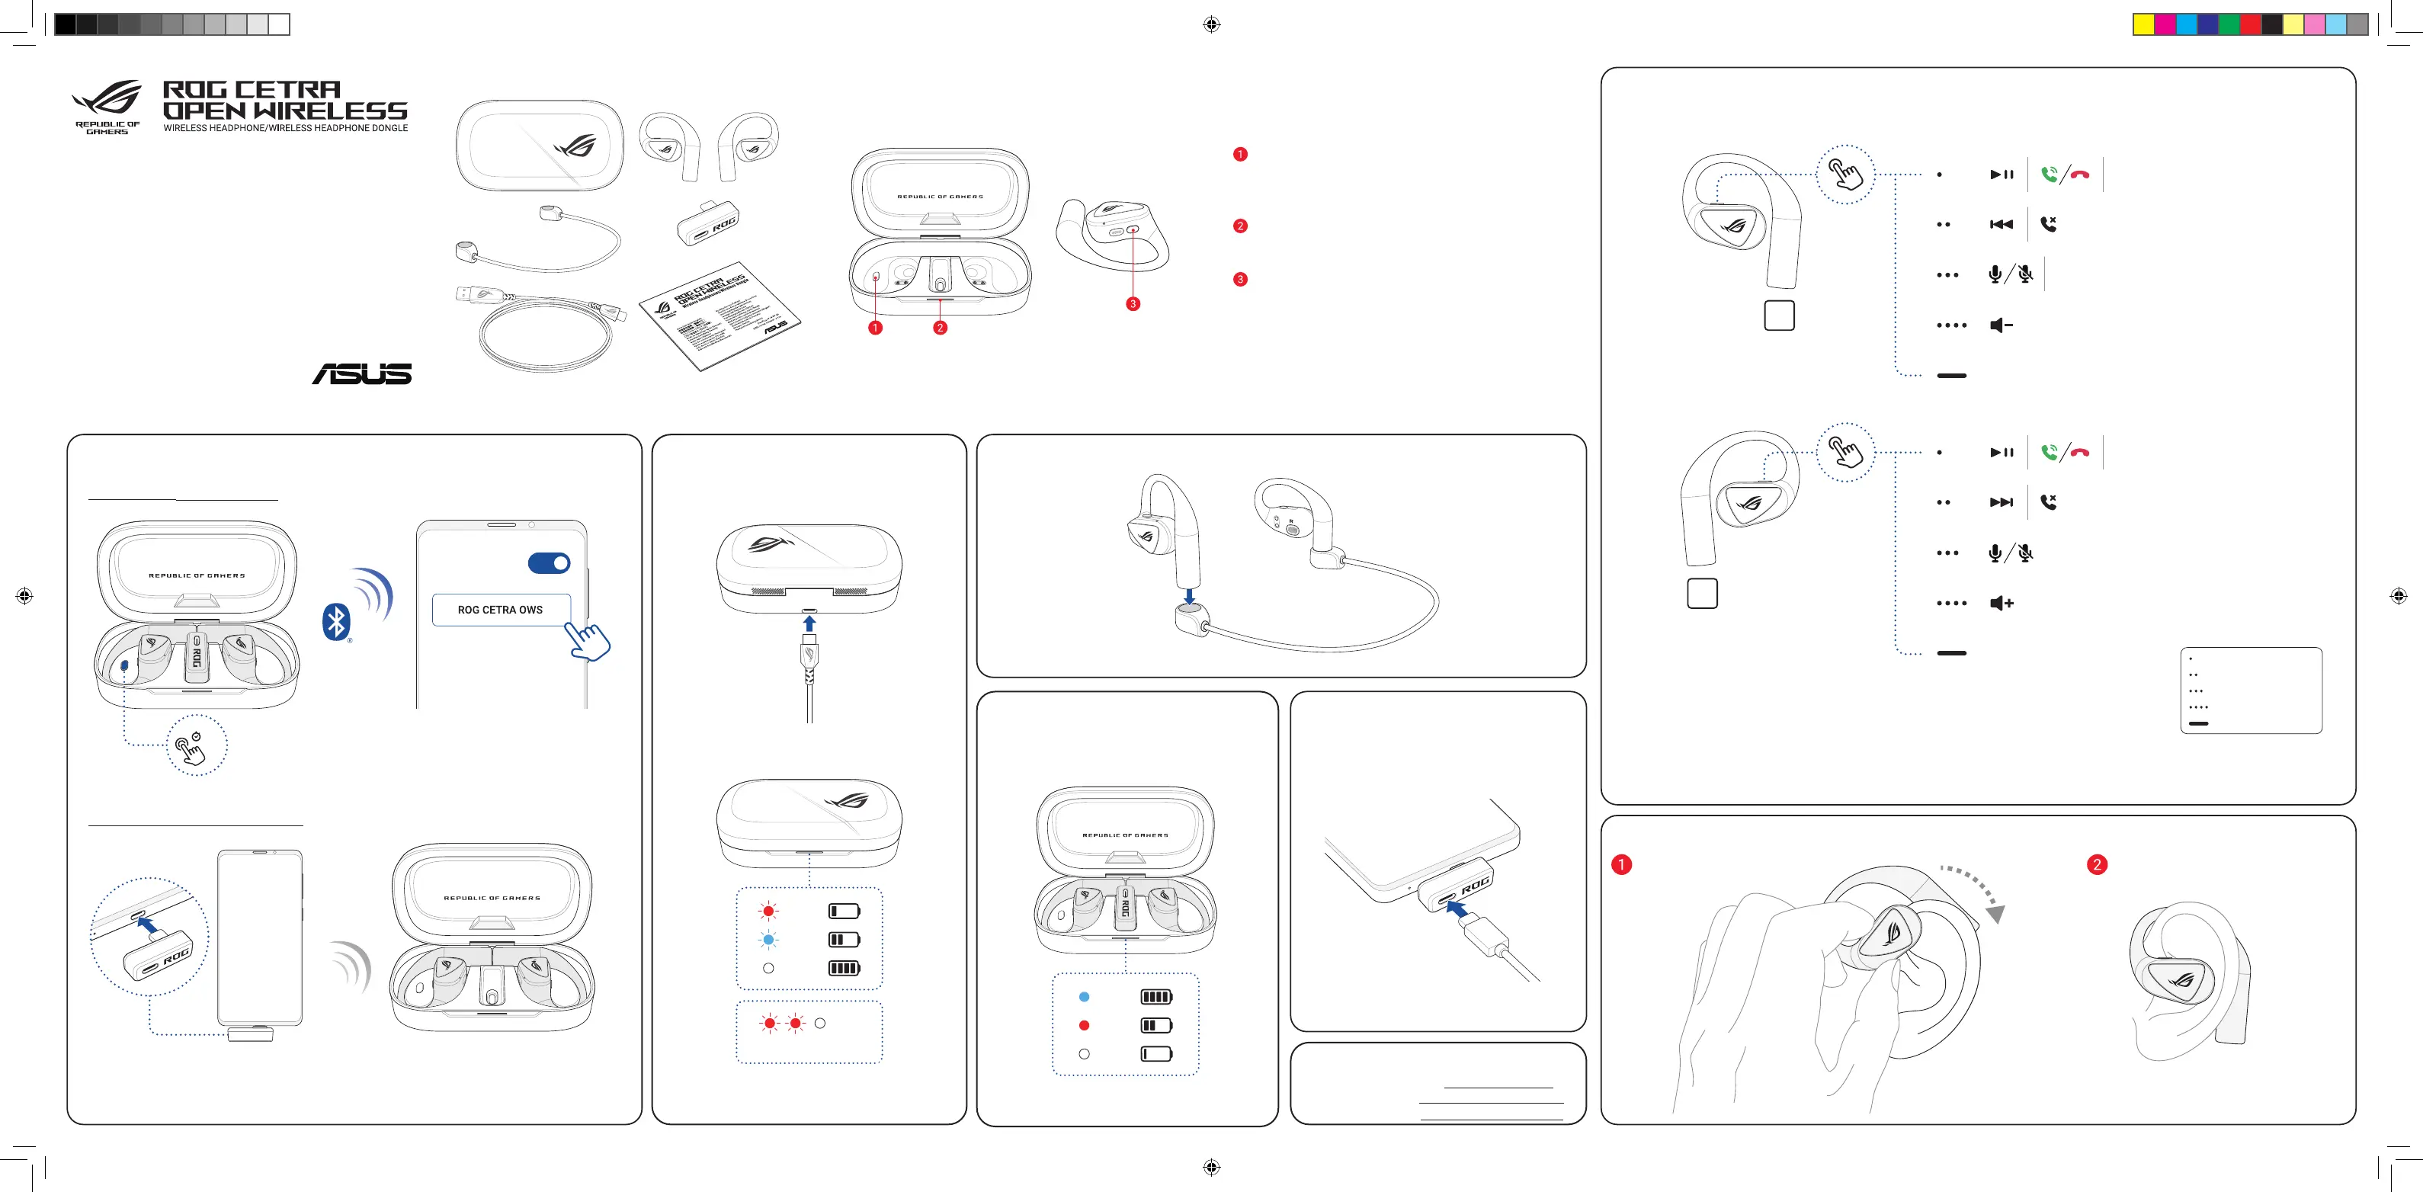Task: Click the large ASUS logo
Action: pyautogui.click(x=362, y=373)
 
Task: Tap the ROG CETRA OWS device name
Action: pyautogui.click(x=501, y=610)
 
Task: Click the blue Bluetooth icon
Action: pyautogui.click(x=336, y=622)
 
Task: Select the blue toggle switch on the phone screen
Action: pyautogui.click(x=550, y=563)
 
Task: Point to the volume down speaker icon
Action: pyautogui.click(x=2001, y=325)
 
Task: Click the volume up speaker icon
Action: pyautogui.click(x=2001, y=603)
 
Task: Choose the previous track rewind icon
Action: pyautogui.click(x=2001, y=224)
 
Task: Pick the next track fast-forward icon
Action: pyautogui.click(x=2001, y=502)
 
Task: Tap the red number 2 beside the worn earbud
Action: pyautogui.click(x=2097, y=864)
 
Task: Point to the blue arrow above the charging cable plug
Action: pyautogui.click(x=809, y=623)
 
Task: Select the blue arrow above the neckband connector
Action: pyautogui.click(x=1190, y=595)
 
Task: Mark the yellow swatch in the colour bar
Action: pyautogui.click(x=2143, y=24)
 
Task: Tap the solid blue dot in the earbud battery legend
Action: pyautogui.click(x=1085, y=996)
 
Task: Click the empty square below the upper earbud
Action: pyautogui.click(x=1779, y=316)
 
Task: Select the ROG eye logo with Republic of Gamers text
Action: pyautogui.click(x=108, y=106)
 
